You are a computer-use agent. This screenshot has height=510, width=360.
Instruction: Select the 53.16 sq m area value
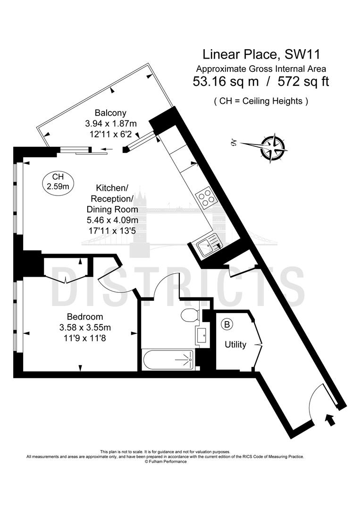[226, 81]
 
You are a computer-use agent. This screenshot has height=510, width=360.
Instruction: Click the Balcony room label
[110, 113]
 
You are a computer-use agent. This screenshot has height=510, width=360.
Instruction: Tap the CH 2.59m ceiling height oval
[58, 182]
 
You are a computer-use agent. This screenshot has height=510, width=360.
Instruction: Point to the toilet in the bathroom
[190, 314]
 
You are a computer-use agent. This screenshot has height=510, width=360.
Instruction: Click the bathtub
[168, 360]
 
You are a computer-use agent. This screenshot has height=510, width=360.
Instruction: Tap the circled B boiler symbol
[227, 324]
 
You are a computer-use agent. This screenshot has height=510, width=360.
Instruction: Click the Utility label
[235, 345]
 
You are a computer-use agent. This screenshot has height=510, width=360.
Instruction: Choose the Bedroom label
[84, 316]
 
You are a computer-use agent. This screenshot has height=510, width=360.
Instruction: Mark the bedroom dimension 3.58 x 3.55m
[85, 327]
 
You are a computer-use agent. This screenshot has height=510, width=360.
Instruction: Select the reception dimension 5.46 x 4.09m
[112, 220]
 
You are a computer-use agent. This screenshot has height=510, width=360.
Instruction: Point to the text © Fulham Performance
[166, 461]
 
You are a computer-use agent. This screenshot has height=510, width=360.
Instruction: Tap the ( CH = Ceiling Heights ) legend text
[260, 101]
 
